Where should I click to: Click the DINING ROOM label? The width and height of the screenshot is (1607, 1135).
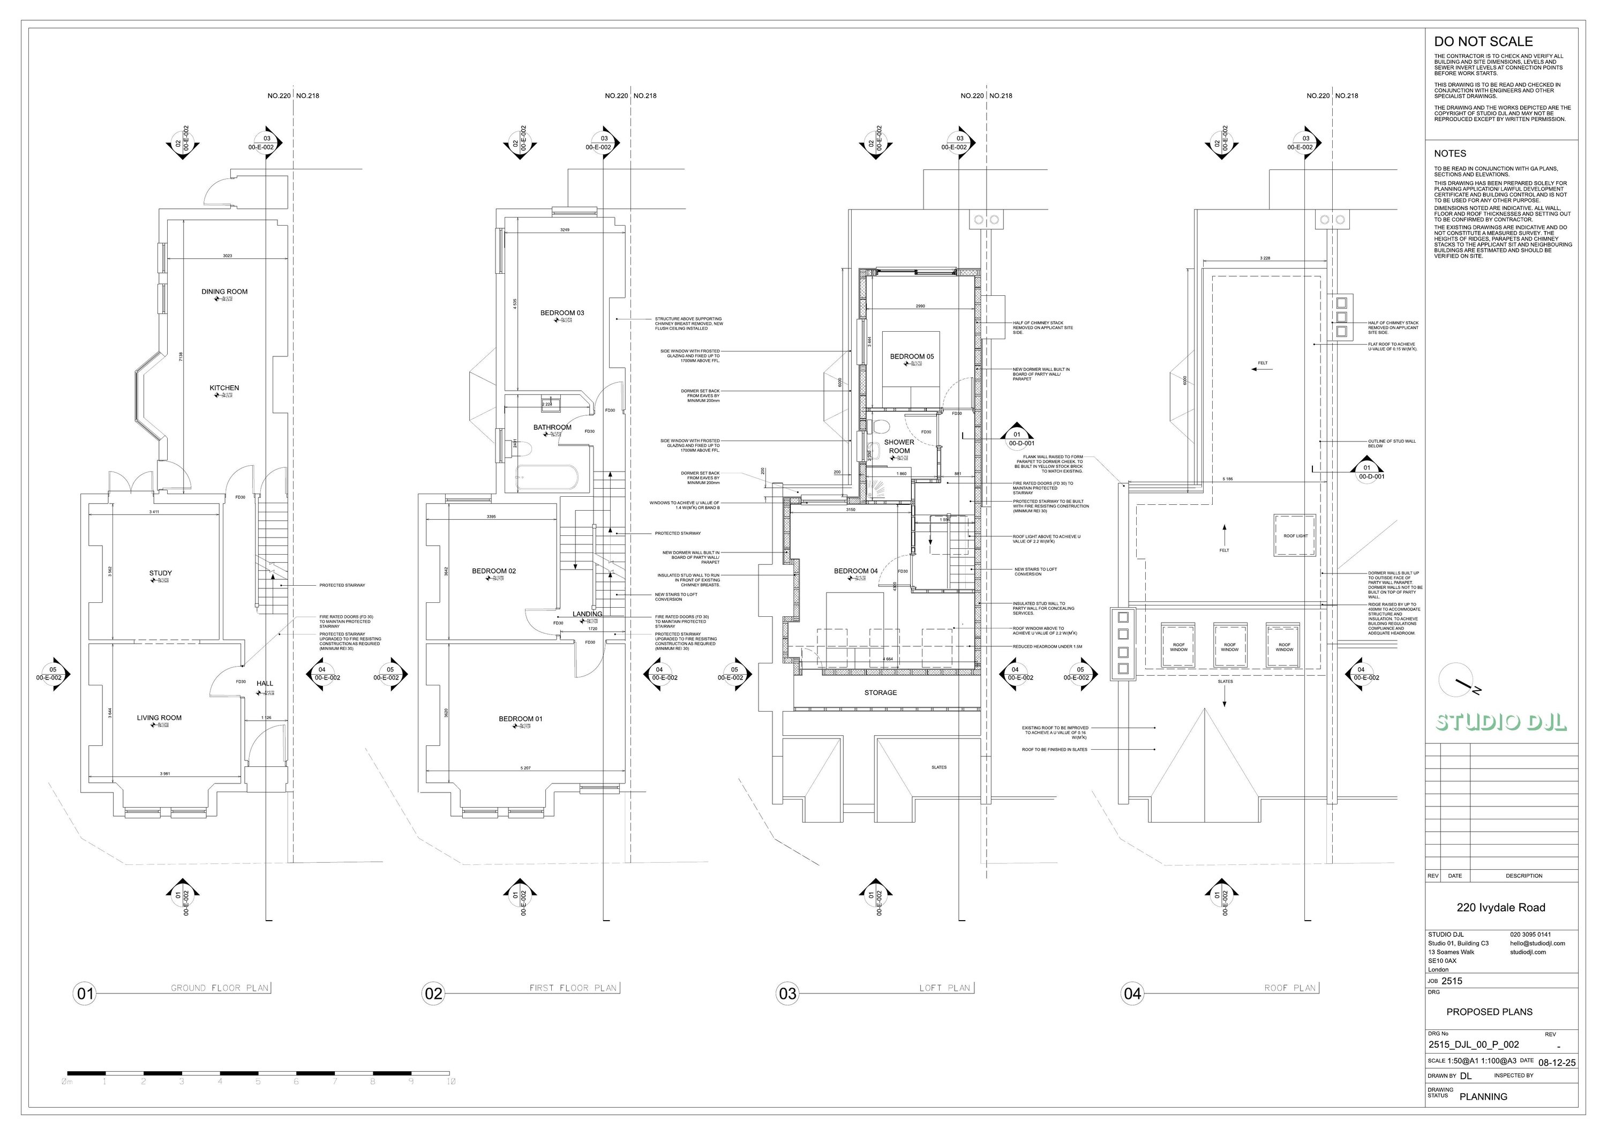pyautogui.click(x=224, y=292)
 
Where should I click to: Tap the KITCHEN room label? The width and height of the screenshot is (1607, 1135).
pyautogui.click(x=224, y=388)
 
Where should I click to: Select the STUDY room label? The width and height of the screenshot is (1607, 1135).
pyautogui.click(x=160, y=573)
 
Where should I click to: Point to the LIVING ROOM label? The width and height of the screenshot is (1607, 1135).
pyautogui.click(x=159, y=718)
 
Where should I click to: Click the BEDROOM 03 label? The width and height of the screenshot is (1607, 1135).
pyautogui.click(x=561, y=313)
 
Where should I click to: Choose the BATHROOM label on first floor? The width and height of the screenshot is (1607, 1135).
pyautogui.click(x=552, y=427)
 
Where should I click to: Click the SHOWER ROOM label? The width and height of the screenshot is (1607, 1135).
pyautogui.click(x=899, y=446)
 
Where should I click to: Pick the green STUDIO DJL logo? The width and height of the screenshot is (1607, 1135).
pyautogui.click(x=1500, y=722)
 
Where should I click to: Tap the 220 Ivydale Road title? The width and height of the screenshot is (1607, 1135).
pyautogui.click(x=1500, y=907)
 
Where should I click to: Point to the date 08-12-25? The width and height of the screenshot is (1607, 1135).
pyautogui.click(x=1557, y=1062)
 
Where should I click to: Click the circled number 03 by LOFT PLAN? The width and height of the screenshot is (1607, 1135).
pyautogui.click(x=787, y=994)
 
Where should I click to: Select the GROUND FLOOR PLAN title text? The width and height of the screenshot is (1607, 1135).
pyautogui.click(x=220, y=988)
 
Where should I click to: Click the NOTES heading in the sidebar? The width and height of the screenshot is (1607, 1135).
pyautogui.click(x=1450, y=153)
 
